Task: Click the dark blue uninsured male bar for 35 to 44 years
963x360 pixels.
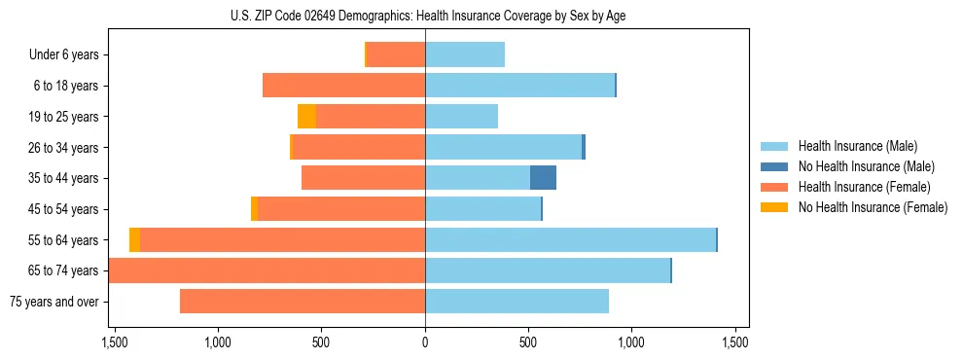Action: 543,178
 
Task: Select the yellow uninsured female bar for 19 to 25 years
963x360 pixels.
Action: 306,117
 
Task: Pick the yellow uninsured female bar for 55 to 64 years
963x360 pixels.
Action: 134,240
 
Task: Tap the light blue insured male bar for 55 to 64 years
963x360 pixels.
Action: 570,240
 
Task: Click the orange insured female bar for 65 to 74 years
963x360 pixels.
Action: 267,270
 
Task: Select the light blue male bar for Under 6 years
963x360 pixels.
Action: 465,54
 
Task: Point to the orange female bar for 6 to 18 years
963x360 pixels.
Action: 343,86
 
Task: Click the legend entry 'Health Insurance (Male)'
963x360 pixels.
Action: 857,146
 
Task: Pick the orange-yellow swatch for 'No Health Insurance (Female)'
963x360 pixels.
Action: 774,207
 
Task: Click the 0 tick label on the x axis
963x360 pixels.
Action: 425,342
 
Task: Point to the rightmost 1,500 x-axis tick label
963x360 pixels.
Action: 734,342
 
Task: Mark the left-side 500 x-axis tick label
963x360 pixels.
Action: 321,342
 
